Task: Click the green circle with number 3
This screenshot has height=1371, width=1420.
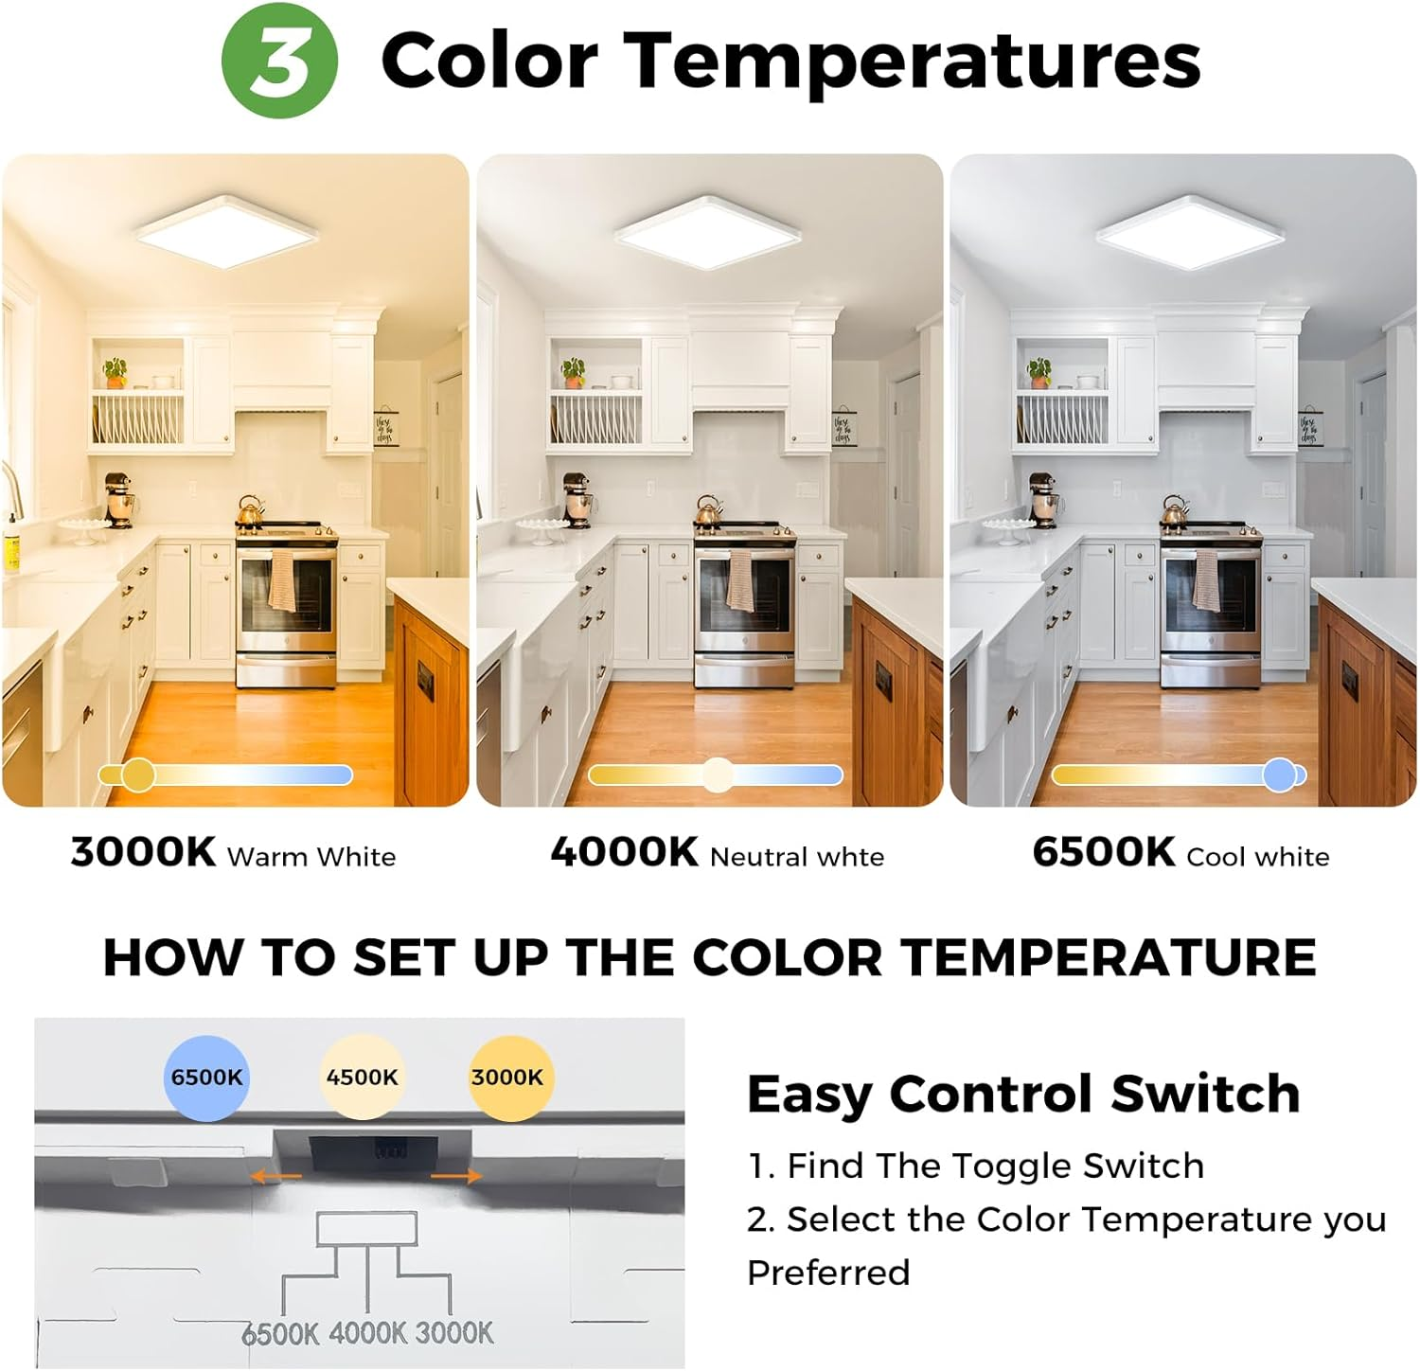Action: (279, 61)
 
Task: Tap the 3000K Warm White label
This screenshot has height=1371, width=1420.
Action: (233, 853)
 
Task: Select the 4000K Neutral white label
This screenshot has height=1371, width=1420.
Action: (717, 853)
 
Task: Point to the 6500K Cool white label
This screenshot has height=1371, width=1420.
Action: (1180, 853)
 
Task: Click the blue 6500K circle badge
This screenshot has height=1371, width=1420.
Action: (206, 1077)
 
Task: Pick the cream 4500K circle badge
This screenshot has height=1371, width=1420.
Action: (362, 1077)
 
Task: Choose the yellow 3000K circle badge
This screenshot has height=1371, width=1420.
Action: (507, 1077)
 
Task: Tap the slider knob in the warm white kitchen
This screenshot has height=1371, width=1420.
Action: (138, 775)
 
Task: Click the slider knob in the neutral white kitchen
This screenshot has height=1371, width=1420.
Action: (718, 775)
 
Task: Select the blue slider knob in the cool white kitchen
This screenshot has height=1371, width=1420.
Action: (1280, 775)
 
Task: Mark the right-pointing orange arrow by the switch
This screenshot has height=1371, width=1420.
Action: (456, 1176)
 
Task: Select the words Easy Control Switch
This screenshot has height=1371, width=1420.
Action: (1022, 1095)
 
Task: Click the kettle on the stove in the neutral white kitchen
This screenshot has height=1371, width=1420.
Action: (709, 510)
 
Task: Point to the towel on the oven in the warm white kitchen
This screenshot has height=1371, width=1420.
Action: (282, 580)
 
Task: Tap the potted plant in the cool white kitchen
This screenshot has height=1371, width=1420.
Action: (1039, 371)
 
